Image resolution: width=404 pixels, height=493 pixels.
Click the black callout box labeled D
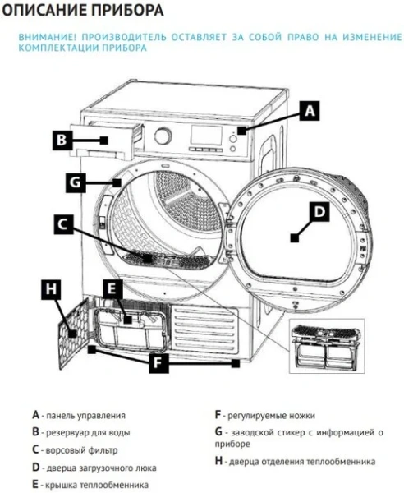319,211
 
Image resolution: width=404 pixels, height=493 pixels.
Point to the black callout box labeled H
50,288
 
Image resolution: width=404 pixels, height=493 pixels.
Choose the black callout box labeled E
114,288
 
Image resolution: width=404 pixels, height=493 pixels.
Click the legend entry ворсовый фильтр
81,449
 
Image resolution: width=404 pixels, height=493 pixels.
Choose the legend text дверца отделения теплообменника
301,462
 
